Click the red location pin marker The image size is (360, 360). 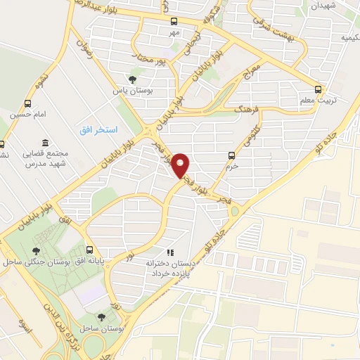point(181,165)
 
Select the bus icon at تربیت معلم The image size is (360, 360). point(319,89)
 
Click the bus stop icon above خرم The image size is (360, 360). point(231,155)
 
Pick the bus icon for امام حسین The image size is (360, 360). point(28,103)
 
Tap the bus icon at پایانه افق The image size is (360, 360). point(89,249)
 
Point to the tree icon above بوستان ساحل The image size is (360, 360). point(103,318)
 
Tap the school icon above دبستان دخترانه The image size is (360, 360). point(169,252)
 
